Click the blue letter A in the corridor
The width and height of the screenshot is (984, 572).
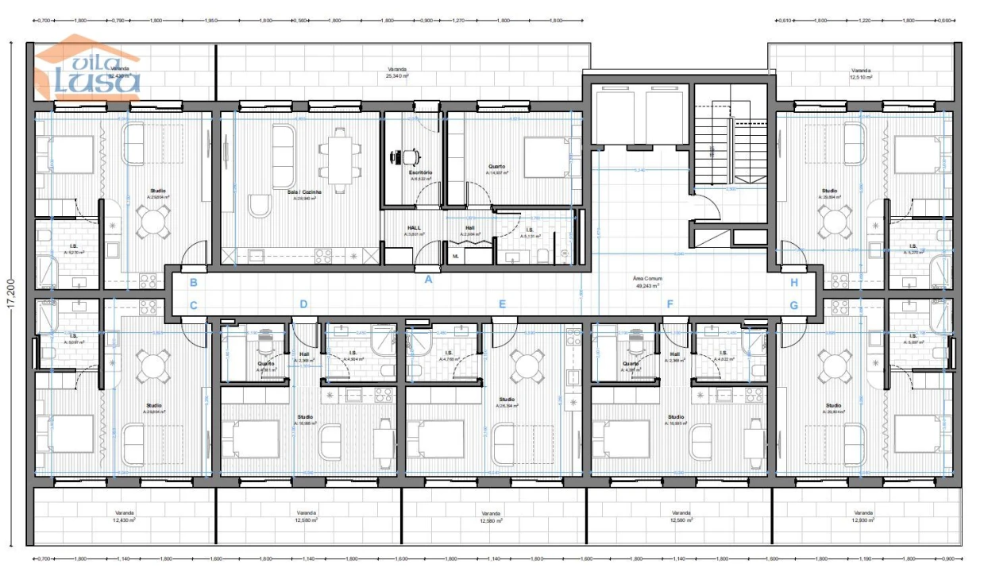point(428,279)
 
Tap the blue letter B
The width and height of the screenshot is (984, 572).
point(193,282)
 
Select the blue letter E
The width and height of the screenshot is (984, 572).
point(502,304)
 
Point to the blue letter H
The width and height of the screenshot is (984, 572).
point(793,282)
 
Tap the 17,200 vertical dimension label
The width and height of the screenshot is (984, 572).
point(14,296)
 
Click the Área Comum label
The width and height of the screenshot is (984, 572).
point(648,282)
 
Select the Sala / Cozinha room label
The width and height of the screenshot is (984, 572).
point(307,195)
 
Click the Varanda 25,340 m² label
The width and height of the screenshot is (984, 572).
point(398,73)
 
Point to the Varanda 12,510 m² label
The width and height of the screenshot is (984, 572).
point(860,74)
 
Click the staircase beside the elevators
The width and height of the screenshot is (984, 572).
point(729,151)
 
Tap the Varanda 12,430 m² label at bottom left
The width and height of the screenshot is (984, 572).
point(123,516)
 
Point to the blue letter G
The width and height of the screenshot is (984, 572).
point(793,304)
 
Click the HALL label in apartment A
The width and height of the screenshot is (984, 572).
point(414,231)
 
